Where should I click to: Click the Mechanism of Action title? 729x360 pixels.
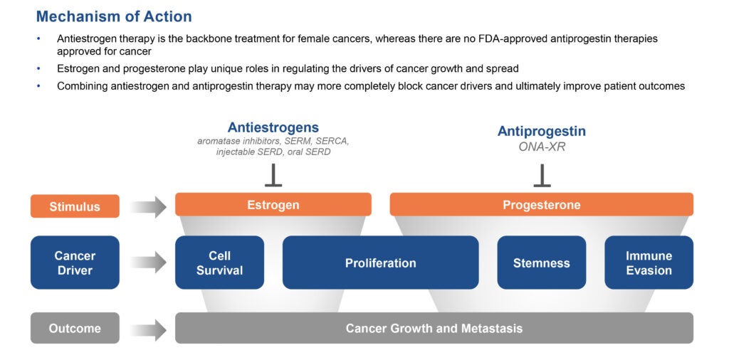pos(114,17)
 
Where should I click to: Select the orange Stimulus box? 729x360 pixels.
pos(75,206)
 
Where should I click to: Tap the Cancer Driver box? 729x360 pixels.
pos(75,263)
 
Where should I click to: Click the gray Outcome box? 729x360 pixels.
pos(75,328)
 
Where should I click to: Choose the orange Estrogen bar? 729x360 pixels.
pos(273,204)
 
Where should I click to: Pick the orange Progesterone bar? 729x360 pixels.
pos(542,204)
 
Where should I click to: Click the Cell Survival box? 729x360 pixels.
pos(219,263)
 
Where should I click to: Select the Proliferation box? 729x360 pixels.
pos(380,263)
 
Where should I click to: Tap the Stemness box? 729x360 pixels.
pos(542,263)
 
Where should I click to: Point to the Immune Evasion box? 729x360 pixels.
pos(649,263)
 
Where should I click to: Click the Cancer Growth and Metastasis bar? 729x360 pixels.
pos(434,328)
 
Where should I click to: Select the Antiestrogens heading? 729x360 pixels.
pos(273,128)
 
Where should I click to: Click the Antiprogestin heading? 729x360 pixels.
pos(542,132)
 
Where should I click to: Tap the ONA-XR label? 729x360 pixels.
pos(542,147)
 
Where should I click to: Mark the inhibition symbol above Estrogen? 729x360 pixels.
pos(273,175)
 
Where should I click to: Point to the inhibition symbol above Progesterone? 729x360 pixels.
pos(542,175)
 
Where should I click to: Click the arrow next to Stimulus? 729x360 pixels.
pos(148,206)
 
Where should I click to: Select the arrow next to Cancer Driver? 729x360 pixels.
pos(148,263)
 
